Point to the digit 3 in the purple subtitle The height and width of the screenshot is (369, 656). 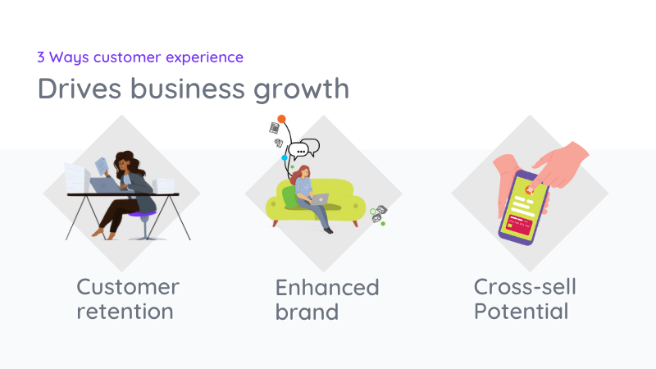[41, 57]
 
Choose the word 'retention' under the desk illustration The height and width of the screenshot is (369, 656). [125, 312]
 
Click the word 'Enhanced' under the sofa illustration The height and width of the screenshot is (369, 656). [327, 287]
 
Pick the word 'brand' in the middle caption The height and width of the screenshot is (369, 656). [307, 312]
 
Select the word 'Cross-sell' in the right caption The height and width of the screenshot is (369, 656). [525, 287]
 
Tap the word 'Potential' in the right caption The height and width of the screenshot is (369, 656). [521, 312]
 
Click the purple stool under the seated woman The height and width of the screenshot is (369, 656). [142, 216]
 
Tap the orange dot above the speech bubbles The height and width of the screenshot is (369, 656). [281, 119]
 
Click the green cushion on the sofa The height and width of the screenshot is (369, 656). [289, 196]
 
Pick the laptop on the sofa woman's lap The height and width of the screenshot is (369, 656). [316, 199]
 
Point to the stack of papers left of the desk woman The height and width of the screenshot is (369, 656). [76, 178]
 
